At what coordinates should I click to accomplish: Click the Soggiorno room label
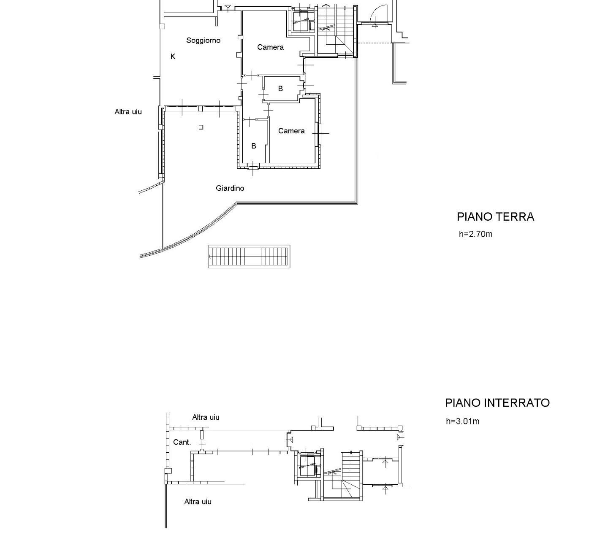pos(203,40)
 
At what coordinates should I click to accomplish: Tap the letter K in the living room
pos(173,56)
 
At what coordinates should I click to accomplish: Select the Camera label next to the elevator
pos(270,47)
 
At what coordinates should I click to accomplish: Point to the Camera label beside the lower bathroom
pos(291,131)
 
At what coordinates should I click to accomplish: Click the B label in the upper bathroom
pos(280,88)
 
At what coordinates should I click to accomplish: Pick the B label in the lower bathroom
pos(254,146)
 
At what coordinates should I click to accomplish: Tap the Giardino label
pos(230,188)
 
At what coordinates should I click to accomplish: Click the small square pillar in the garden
pos(201,127)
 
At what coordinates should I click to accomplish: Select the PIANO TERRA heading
pos(496,216)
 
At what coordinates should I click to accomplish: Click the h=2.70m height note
pos(475,234)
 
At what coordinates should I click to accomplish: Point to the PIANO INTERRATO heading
pos(497,403)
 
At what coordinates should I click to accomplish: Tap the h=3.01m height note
pos(463,421)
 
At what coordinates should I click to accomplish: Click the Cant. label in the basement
pos(182,442)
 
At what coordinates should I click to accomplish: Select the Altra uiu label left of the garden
pos(128,112)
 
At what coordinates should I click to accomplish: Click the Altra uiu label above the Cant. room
pos(206,417)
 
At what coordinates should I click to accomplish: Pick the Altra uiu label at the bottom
pos(198,502)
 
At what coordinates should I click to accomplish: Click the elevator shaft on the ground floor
pos(302,21)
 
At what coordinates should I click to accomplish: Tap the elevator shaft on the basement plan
pos(308,466)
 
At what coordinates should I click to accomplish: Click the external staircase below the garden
pos(250,256)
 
